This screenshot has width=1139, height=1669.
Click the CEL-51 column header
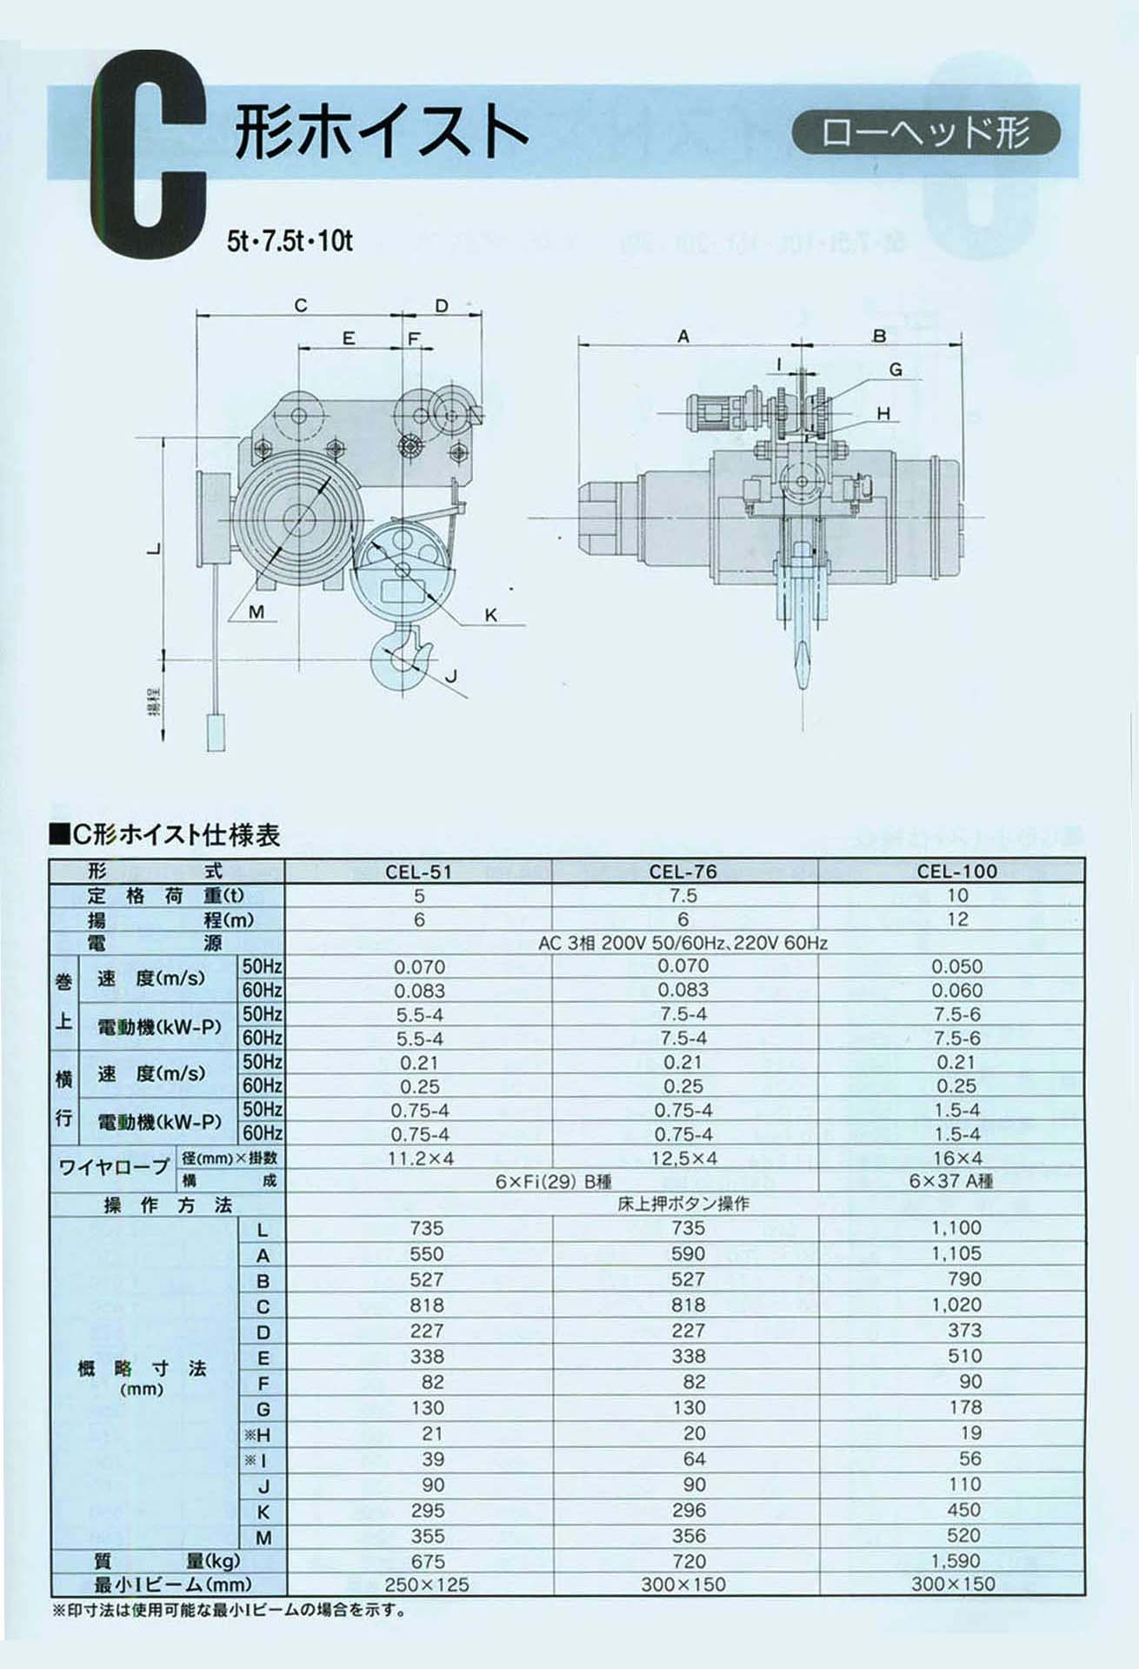coord(419,871)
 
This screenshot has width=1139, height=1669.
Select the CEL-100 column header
coord(956,871)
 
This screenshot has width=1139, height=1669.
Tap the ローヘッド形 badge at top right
coord(926,133)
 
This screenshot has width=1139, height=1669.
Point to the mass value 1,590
coord(956,1561)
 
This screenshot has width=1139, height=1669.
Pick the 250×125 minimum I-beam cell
coord(426,1585)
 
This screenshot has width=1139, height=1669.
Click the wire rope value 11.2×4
coord(421,1158)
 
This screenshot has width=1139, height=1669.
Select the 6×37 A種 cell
coord(951,1181)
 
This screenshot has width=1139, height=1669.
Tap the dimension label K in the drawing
coord(491,616)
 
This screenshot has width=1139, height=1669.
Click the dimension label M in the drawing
coord(256,612)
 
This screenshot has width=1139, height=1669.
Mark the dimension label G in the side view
coord(896,370)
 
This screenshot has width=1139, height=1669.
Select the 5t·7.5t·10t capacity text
coord(290,241)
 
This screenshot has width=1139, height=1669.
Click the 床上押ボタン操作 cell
coord(683,1205)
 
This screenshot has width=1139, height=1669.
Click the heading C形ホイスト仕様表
coord(166,836)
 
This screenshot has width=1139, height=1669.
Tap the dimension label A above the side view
coord(683,337)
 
